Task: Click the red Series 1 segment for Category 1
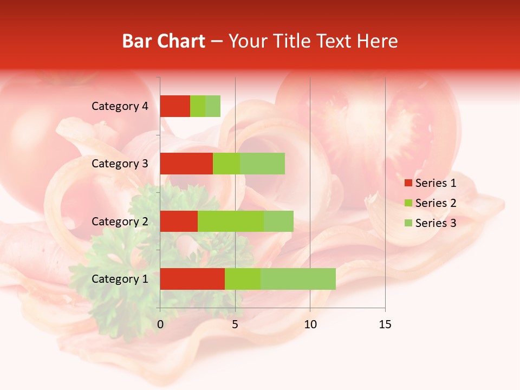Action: coord(192,278)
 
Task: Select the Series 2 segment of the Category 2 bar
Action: coord(231,221)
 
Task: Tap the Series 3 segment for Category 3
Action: coord(262,164)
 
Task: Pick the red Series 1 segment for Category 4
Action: coord(175,106)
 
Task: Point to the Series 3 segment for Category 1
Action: coord(298,278)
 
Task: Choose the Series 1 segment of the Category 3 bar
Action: coord(186,164)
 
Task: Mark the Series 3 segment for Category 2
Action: coord(278,221)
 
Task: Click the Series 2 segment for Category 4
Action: coord(198,106)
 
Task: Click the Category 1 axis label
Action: coord(120,279)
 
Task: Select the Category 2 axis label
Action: coord(120,222)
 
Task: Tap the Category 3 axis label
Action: coord(120,164)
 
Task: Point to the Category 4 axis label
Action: coord(120,106)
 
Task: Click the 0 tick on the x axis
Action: coord(160,324)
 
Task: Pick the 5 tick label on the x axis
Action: coord(235,324)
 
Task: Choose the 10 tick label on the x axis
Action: coord(310,324)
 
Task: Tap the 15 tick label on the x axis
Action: coord(385,324)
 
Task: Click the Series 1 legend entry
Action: coord(431,183)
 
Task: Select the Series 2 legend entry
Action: coord(431,203)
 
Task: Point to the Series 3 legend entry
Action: coord(431,223)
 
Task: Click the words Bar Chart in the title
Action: coord(164,41)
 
